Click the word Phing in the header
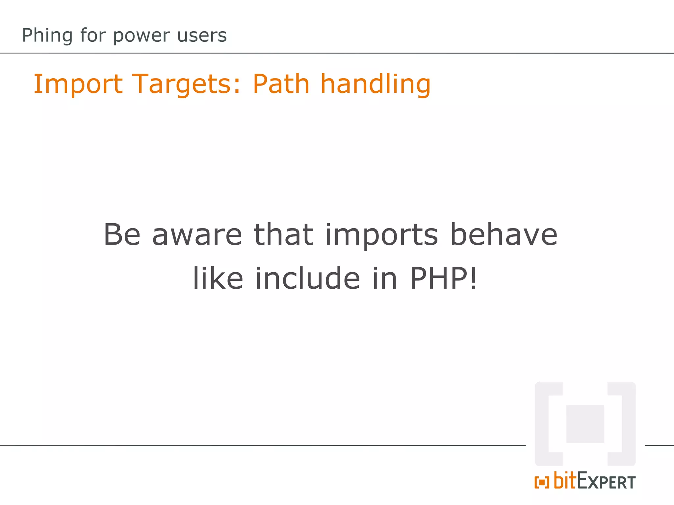coord(47,36)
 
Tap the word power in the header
coord(142,36)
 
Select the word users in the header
coord(202,36)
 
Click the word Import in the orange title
coord(78,84)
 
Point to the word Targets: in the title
coord(186,84)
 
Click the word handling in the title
coord(376,84)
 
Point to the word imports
coord(381,235)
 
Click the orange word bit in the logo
coord(565,480)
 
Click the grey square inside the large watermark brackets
coord(585,424)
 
